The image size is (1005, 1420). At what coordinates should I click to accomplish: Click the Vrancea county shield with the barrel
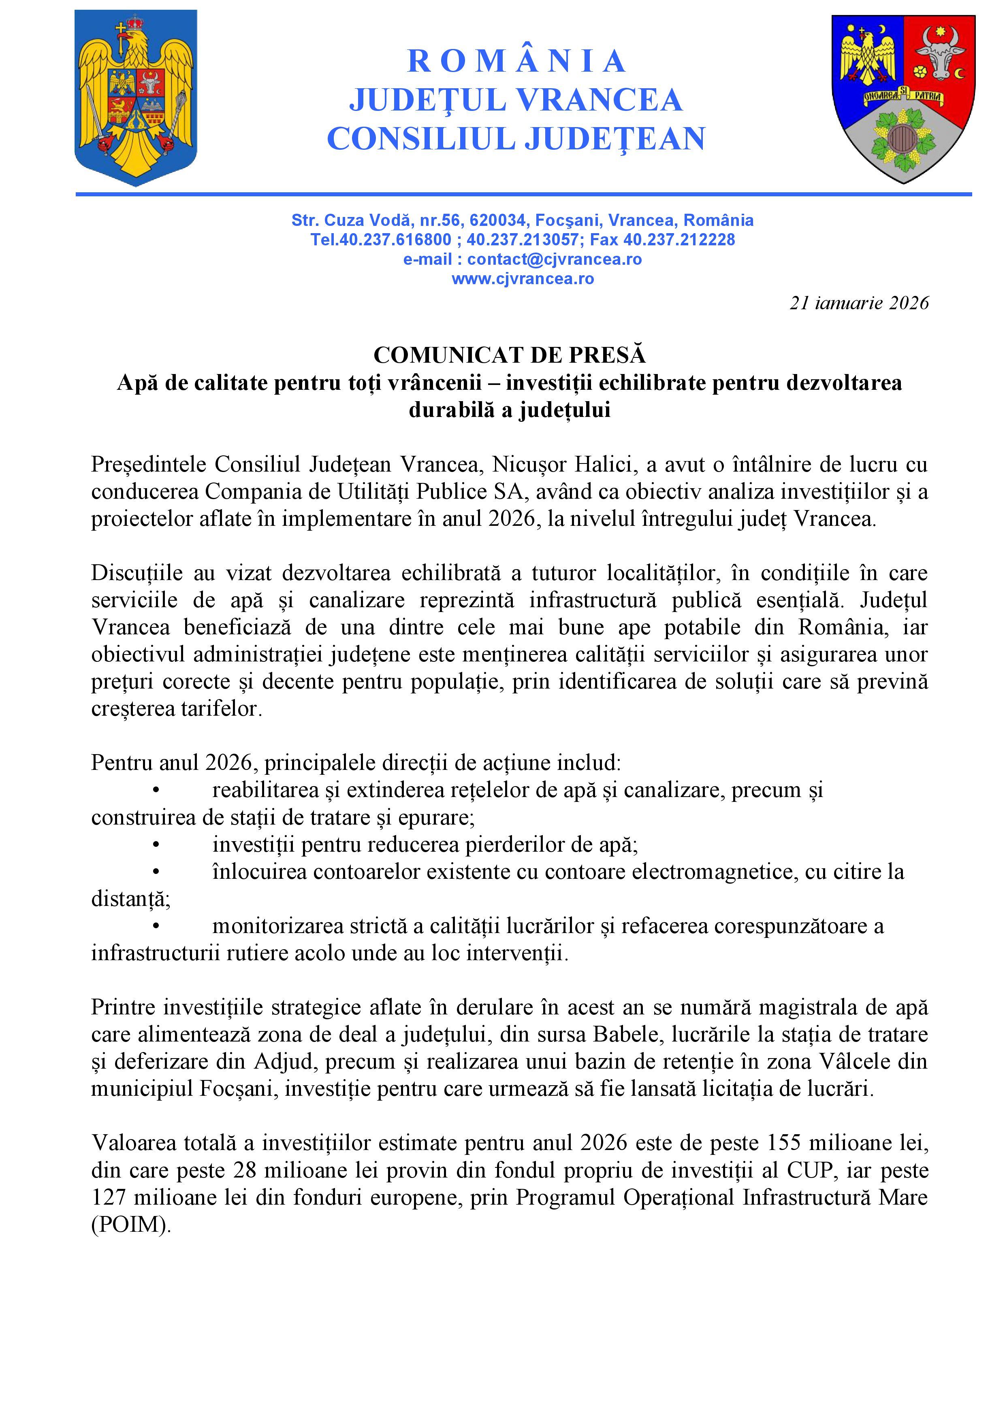(903, 98)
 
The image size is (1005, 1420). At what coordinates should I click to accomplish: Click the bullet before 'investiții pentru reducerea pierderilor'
(157, 845)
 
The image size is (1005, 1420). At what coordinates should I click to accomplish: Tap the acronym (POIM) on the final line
(130, 1224)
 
